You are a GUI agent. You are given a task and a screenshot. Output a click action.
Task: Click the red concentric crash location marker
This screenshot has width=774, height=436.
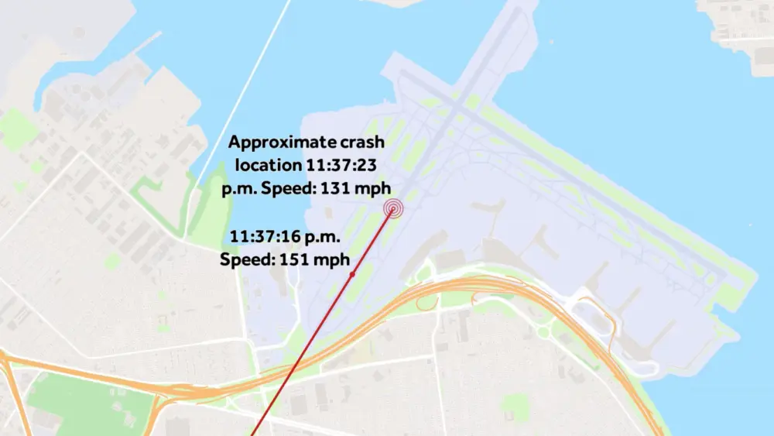[x=394, y=208]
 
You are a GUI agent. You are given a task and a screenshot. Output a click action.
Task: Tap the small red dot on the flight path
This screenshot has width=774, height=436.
[x=351, y=274]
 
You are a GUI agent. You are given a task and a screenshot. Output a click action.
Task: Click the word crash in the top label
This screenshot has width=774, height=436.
[x=362, y=142]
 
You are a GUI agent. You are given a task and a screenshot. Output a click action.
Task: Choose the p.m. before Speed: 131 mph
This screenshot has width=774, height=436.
[x=250, y=187]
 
